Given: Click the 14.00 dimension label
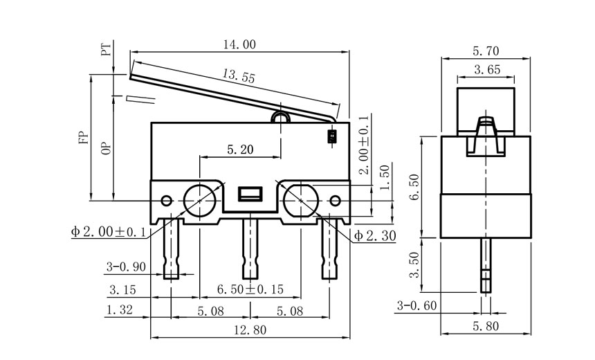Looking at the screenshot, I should tap(239, 44).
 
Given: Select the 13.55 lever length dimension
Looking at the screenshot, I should tap(239, 77).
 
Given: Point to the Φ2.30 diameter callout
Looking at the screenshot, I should tap(374, 236).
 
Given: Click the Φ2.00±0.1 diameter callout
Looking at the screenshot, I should tap(108, 232).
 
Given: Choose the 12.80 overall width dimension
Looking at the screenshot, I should tap(249, 330).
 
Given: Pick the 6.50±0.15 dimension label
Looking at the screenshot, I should tap(250, 289).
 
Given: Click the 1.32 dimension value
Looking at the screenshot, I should tap(120, 312).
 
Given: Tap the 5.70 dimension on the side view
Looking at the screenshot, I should tap(486, 51).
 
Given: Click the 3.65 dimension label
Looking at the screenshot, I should tap(486, 69).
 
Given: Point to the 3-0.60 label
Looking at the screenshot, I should tap(416, 305).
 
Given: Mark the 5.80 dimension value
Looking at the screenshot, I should tap(486, 326).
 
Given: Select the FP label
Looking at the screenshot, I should tap(83, 137).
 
